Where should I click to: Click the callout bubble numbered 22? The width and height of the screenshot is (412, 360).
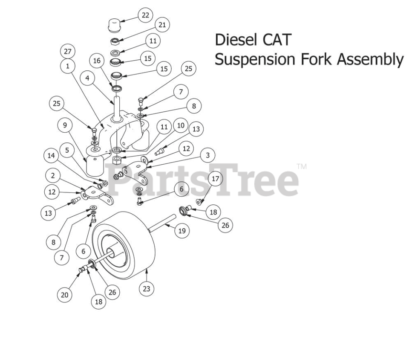pos(146,15)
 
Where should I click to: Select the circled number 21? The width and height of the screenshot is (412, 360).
pos(162,25)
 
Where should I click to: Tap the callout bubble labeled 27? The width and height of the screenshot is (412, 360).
pos(68,52)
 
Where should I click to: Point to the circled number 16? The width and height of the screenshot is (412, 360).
pos(97,61)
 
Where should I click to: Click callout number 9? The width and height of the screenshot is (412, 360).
pos(65,125)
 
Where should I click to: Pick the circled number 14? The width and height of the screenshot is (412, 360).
pos(51,156)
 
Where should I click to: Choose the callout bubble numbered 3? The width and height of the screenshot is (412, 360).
pos(207,155)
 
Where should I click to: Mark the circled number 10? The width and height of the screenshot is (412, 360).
pos(181,126)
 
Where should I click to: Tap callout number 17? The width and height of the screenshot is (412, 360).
pos(215,179)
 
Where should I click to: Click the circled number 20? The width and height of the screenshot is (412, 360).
pos(64,294)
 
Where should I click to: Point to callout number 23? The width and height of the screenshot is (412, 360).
pos(146,289)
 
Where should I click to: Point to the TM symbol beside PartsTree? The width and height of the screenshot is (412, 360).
pos(302,166)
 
